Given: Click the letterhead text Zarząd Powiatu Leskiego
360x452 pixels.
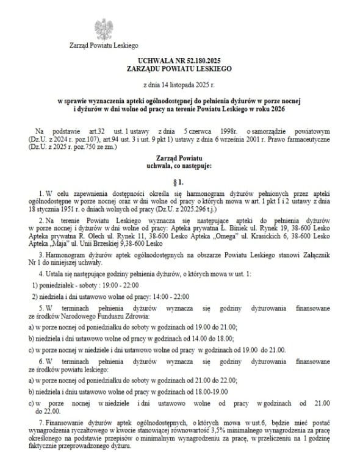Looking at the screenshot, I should point(105,45).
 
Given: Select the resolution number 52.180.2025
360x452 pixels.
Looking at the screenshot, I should point(205,63).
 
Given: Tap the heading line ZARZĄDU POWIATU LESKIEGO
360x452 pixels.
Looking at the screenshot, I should point(179,70).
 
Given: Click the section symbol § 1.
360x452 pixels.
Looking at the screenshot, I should point(179,181).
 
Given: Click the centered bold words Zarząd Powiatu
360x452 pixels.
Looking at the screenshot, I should point(179,158).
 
